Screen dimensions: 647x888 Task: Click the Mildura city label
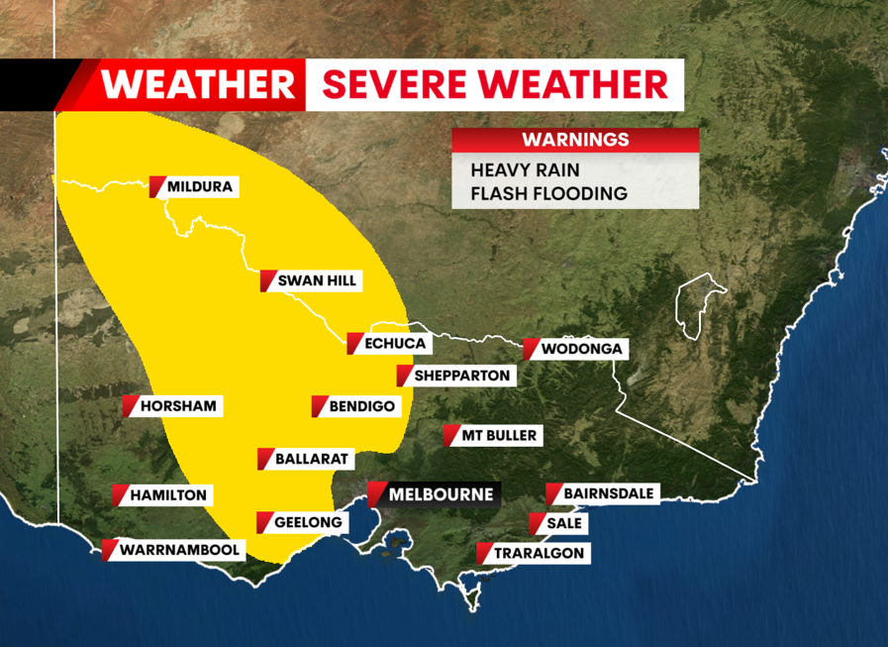(x=201, y=186)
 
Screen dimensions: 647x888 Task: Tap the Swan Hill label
(x=316, y=280)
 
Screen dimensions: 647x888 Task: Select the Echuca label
(x=394, y=344)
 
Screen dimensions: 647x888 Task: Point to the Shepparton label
(x=460, y=376)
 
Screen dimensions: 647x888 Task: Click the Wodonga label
(x=580, y=349)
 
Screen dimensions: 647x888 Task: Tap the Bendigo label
(x=361, y=406)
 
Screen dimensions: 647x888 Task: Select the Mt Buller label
(x=499, y=435)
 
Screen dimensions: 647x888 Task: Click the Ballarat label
(x=311, y=459)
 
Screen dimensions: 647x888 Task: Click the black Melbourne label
(x=440, y=493)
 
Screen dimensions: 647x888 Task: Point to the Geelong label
(x=308, y=522)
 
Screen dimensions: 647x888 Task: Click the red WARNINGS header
(x=575, y=140)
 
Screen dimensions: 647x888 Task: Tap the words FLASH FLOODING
(x=548, y=193)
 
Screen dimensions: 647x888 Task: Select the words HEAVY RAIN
(x=525, y=169)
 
